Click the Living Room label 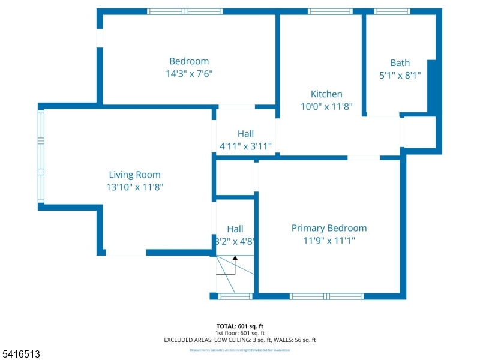point(134,175)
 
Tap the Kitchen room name point(326,94)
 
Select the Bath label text point(400,62)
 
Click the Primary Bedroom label point(329,228)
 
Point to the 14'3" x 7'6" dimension point(189,74)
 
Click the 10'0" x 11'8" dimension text point(326,106)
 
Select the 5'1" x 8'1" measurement point(400,76)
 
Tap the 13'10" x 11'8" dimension point(134,187)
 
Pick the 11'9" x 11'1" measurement point(329,241)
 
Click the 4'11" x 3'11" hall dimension point(245,146)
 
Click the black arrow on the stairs point(235,258)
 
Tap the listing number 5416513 point(20,355)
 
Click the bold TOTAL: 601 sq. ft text point(240,326)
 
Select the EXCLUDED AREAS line point(240,340)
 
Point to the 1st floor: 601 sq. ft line point(240,333)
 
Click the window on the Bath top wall point(392,11)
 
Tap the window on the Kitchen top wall point(330,11)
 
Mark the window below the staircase point(235,296)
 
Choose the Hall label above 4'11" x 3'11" point(245,134)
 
